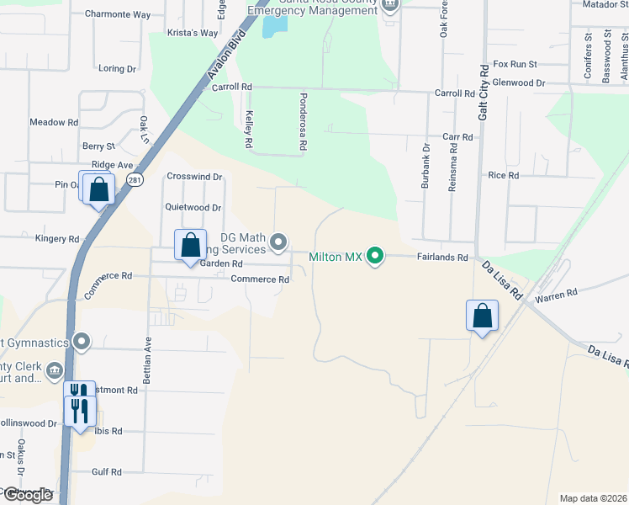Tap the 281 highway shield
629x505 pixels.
tap(135, 180)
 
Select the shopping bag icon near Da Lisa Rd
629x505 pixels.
tap(483, 316)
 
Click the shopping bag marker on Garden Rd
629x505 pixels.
tap(191, 246)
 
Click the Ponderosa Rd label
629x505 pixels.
tap(302, 123)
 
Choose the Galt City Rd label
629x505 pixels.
tap(484, 93)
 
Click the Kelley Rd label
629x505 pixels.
tap(249, 130)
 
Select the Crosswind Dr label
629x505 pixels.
tap(194, 177)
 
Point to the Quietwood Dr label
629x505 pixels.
tap(193, 207)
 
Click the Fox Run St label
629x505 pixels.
tap(515, 64)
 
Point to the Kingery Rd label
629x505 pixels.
tap(57, 239)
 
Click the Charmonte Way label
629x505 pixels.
tap(119, 14)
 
